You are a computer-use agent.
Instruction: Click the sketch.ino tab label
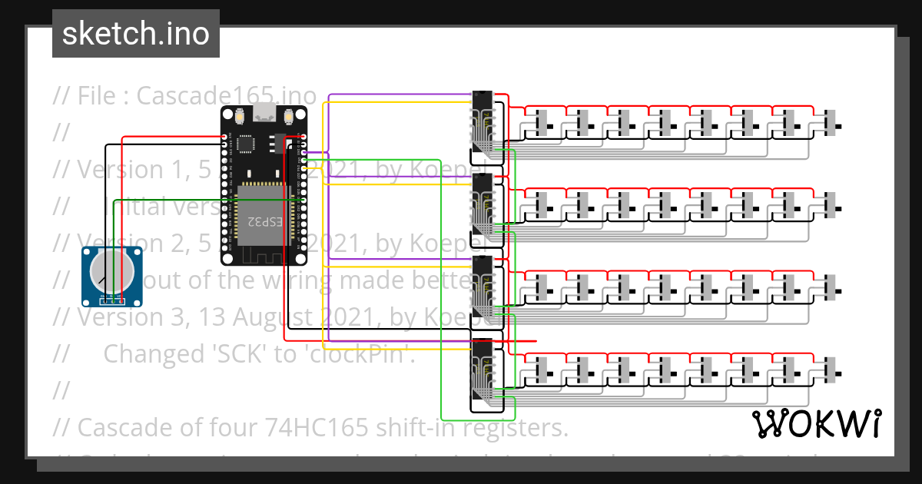(135, 34)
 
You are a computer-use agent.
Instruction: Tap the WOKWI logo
(816, 423)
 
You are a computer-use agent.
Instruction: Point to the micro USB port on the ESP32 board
(264, 113)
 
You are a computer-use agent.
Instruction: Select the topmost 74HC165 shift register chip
(483, 121)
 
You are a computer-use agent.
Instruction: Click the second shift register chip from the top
(483, 204)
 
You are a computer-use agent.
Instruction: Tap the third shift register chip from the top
(483, 287)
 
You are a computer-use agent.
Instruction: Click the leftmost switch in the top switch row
(544, 122)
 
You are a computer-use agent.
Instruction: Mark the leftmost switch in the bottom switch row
(544, 371)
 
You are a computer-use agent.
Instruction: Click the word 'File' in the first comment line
(101, 95)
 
